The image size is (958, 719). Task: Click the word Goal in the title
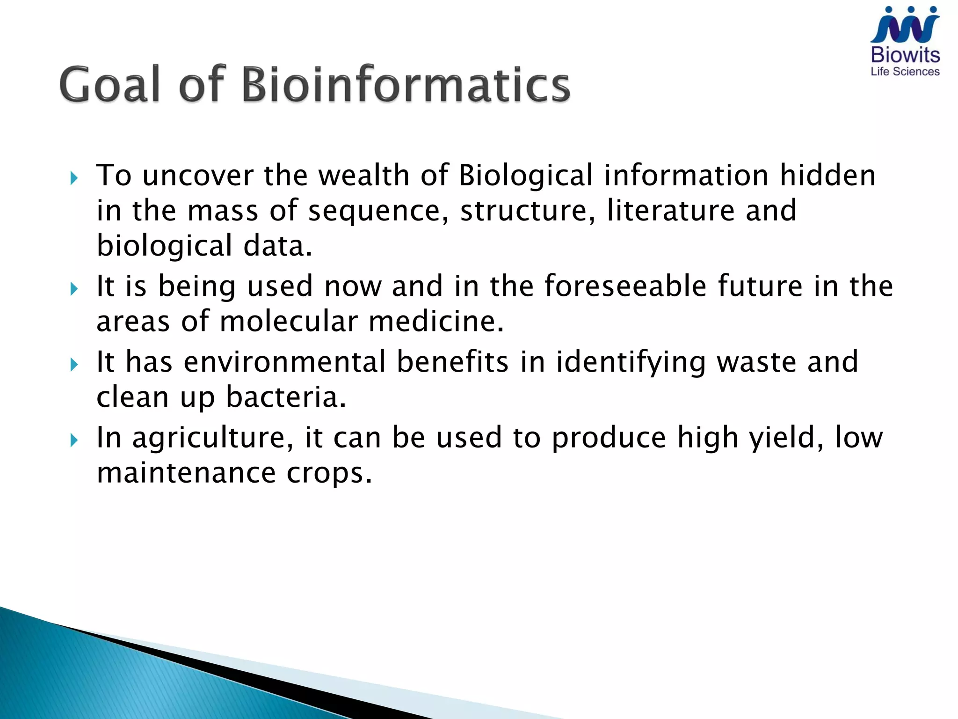[x=110, y=85]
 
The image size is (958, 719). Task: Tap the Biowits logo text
[x=905, y=55]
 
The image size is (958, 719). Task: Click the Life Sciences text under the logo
[x=905, y=72]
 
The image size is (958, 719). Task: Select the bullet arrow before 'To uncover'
[x=74, y=178]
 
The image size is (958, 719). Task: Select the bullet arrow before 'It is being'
[x=74, y=289]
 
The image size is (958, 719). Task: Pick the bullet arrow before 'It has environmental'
[x=74, y=364]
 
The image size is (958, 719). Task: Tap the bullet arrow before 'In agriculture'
[x=74, y=440]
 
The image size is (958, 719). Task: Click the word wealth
[x=364, y=176]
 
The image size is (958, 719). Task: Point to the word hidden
[x=827, y=176]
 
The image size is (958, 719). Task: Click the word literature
[x=671, y=211]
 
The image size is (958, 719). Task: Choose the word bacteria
[x=286, y=397]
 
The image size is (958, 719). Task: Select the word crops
[x=329, y=473]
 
